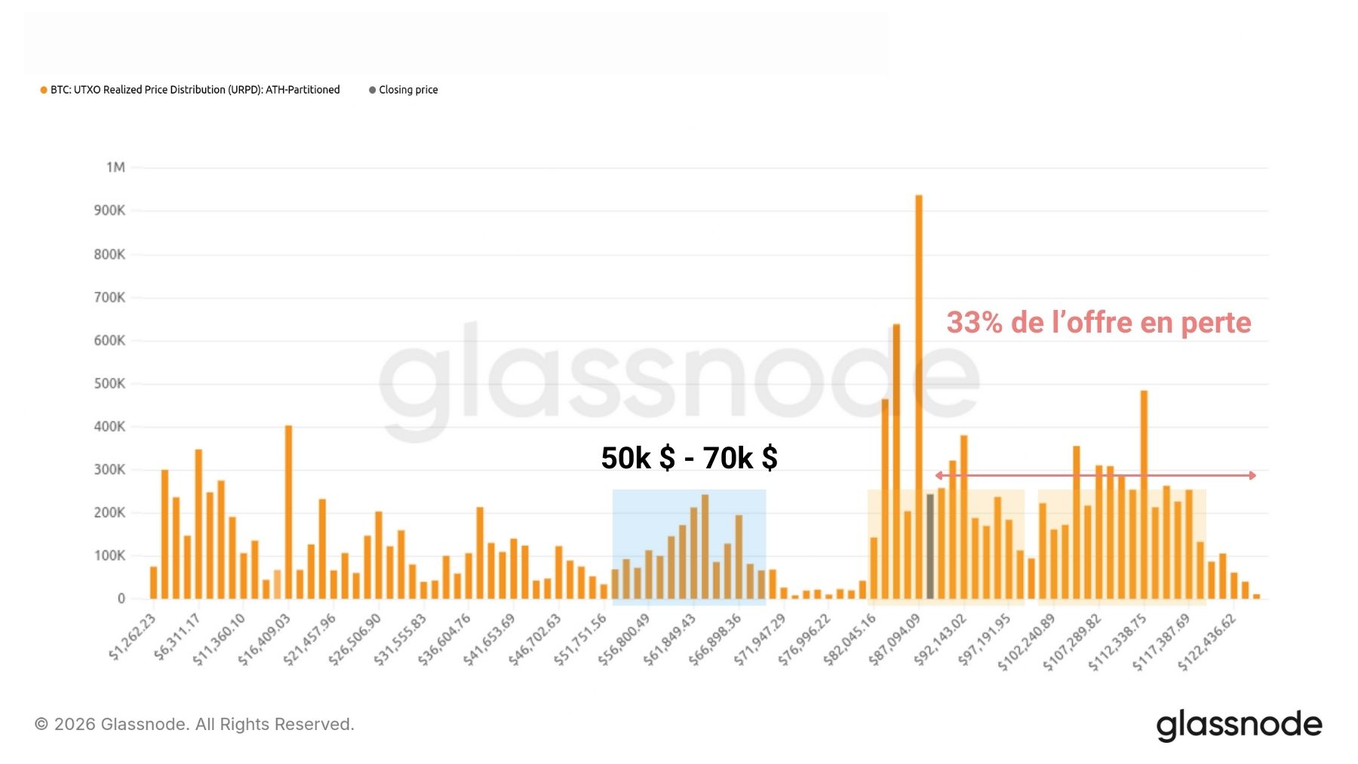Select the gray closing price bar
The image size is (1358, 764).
[x=930, y=546]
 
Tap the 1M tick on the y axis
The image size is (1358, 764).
[x=115, y=167]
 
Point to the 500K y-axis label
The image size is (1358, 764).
[x=109, y=383]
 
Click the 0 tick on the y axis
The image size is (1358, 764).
[x=121, y=599]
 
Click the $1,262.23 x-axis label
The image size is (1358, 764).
[x=133, y=637]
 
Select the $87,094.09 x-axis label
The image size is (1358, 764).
[x=895, y=639]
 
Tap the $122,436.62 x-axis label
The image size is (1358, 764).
[x=1207, y=642]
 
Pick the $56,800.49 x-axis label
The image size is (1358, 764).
[x=624, y=639]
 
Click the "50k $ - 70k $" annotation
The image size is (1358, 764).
[x=689, y=458]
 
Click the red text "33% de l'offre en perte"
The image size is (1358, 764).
[x=1098, y=323]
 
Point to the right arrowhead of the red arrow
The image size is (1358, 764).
[x=1252, y=475]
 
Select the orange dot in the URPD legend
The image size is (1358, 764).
[x=44, y=90]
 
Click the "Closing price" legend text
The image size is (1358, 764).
[x=408, y=90]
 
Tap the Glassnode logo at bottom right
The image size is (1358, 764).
[x=1239, y=725]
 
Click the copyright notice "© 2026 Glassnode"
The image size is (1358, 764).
[x=194, y=725]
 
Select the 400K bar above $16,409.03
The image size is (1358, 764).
[x=288, y=512]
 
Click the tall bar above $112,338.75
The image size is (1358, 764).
[x=1144, y=495]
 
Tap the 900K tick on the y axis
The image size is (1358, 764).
[x=109, y=210]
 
